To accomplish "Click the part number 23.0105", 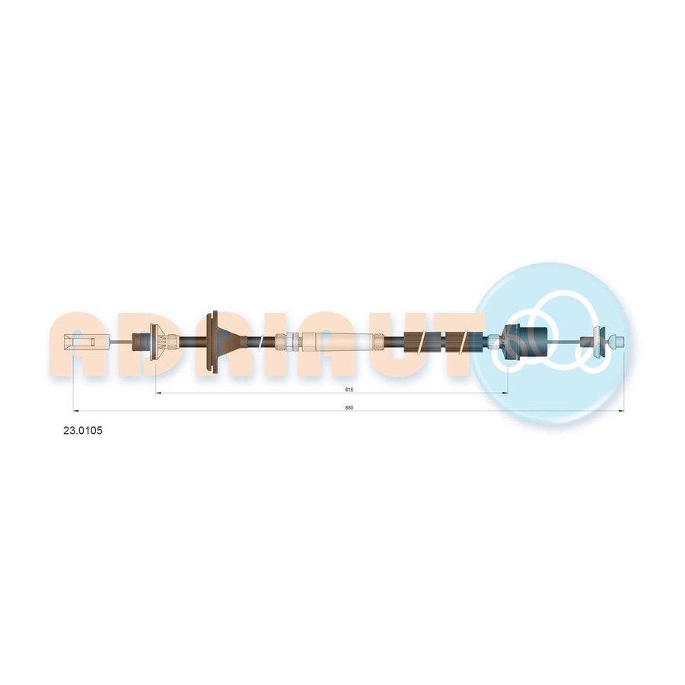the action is [x=83, y=431].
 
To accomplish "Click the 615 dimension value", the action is [x=349, y=390].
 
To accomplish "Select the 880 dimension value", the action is [x=349, y=408].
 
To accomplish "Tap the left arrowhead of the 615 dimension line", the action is [x=158, y=393].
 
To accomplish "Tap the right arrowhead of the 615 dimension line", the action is [x=505, y=393].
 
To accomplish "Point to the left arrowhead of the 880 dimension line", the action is [x=76, y=411].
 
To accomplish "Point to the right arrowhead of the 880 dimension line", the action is [x=621, y=411].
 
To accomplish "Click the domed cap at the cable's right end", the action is [x=616, y=341].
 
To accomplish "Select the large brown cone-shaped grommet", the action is [x=218, y=341].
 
